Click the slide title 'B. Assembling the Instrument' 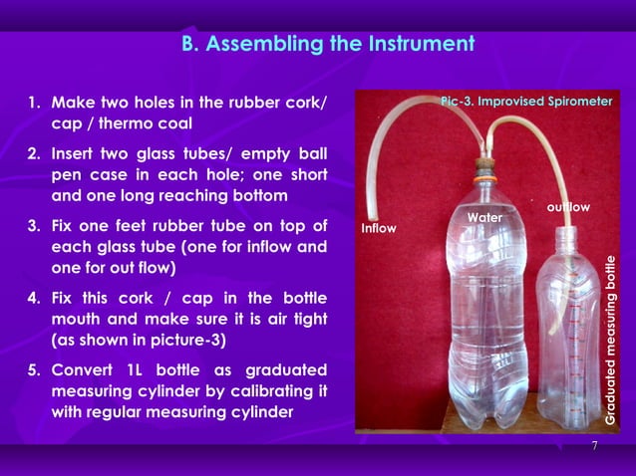tap(327, 44)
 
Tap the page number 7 tap(594, 445)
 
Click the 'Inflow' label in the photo tap(378, 228)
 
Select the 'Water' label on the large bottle tap(484, 216)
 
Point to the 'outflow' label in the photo tap(568, 206)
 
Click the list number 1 tap(33, 103)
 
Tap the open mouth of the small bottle tap(565, 236)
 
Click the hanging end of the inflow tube tap(371, 212)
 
